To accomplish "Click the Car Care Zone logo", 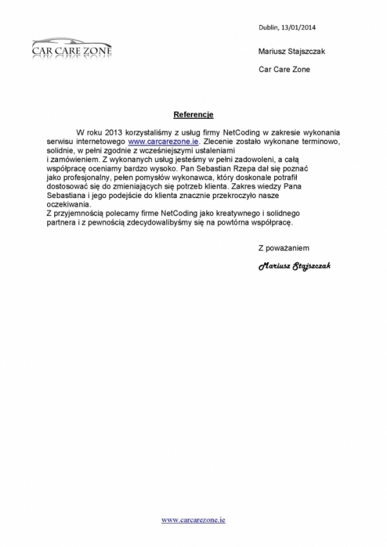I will (72, 47).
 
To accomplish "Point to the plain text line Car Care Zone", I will (284, 69).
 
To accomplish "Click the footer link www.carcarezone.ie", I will (193, 519).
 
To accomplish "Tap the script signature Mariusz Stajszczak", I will (294, 266).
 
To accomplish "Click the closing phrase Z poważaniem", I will (284, 247).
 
